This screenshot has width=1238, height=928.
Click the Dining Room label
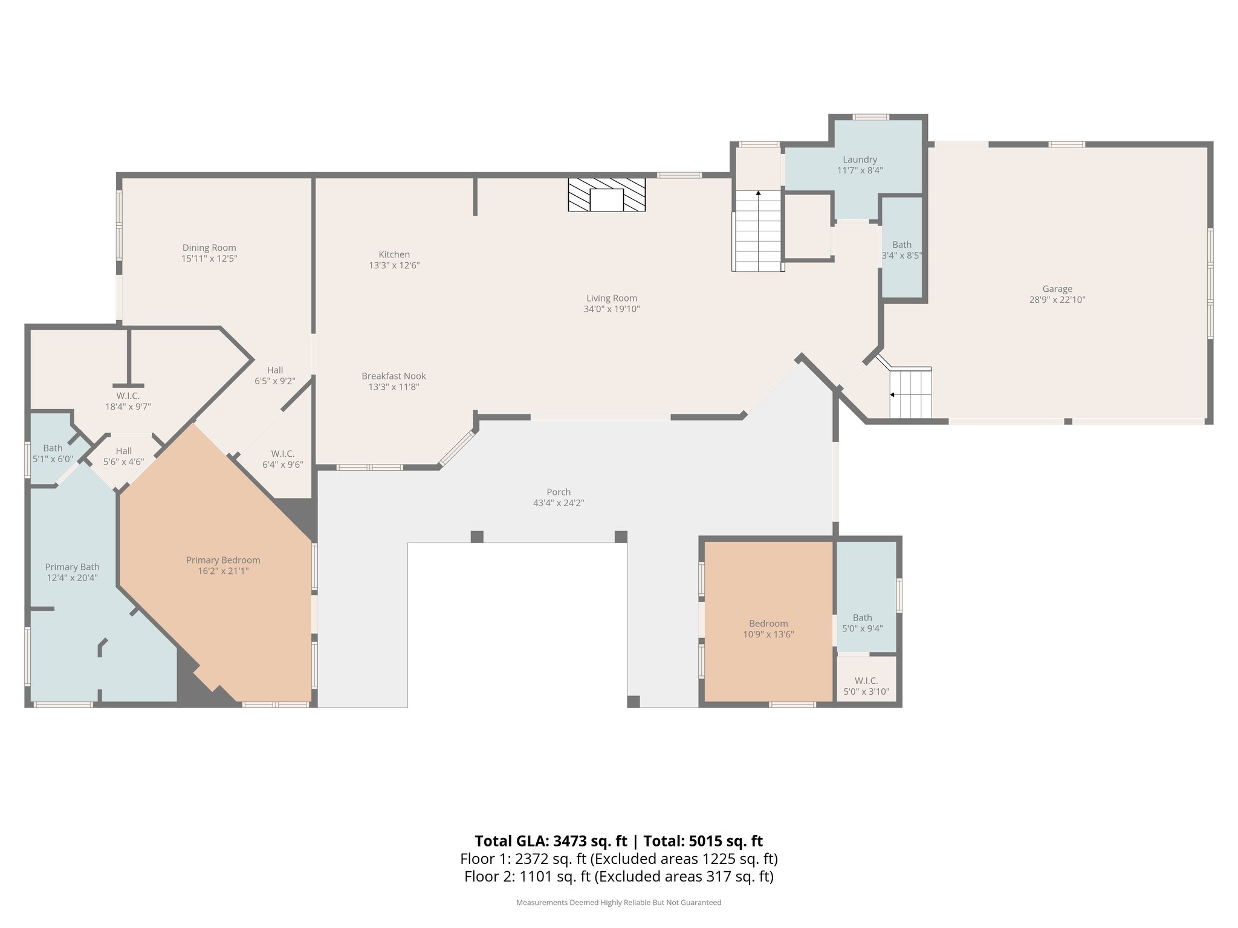(x=209, y=248)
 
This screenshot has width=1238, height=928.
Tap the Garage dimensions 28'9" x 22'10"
(x=1057, y=300)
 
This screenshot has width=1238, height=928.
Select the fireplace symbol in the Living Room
(x=606, y=195)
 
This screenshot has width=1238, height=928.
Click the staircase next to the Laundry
(x=758, y=231)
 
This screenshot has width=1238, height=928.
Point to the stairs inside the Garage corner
(x=910, y=394)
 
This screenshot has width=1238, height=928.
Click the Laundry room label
(x=860, y=159)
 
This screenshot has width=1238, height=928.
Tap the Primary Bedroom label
(x=223, y=560)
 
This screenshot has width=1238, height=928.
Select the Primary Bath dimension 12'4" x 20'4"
(x=72, y=578)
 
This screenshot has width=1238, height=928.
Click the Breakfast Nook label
(x=394, y=376)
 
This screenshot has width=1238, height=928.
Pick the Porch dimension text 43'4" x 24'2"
(x=558, y=503)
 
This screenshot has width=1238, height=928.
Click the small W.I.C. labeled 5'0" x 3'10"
(x=866, y=686)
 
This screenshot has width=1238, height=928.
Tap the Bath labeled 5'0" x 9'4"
(x=862, y=623)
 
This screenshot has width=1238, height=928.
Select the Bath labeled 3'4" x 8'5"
(x=902, y=250)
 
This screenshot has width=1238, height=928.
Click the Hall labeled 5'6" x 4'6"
(x=123, y=456)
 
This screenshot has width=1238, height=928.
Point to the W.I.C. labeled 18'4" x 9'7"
(x=128, y=401)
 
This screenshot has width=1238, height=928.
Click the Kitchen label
(x=394, y=254)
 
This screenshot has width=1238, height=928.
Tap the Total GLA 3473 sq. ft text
(x=551, y=841)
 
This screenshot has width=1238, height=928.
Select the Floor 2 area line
(x=618, y=877)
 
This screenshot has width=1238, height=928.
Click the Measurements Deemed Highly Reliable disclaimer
(x=618, y=903)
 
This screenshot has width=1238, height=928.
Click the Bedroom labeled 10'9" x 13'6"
(x=768, y=628)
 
